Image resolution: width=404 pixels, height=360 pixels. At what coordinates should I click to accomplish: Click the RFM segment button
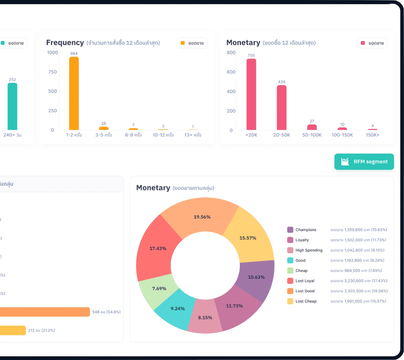364,162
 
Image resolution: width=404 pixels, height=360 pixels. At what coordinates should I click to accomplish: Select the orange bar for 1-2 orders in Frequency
74,94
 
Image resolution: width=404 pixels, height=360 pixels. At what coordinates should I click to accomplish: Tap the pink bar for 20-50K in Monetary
281,108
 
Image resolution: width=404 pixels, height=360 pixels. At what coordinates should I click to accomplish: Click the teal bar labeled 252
12,106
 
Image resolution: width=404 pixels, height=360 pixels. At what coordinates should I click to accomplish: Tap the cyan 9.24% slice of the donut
177,309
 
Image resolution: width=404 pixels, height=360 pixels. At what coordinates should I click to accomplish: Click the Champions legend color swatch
290,230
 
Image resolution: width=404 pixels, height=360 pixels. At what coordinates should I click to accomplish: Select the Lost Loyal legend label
305,281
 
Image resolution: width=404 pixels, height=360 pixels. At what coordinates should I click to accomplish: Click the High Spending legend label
309,250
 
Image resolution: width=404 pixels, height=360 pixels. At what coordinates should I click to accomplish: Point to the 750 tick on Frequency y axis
53,72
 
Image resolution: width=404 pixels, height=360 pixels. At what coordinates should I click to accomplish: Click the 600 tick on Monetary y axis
231,72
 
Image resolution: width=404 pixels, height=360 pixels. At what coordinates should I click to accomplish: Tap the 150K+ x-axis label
372,135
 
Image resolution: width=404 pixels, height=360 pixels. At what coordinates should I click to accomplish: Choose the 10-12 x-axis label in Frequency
163,135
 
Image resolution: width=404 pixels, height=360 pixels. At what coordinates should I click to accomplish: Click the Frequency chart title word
65,43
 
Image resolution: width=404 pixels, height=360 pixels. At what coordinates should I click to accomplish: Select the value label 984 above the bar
74,54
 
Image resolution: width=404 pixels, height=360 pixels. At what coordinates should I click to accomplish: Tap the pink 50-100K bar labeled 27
312,127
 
